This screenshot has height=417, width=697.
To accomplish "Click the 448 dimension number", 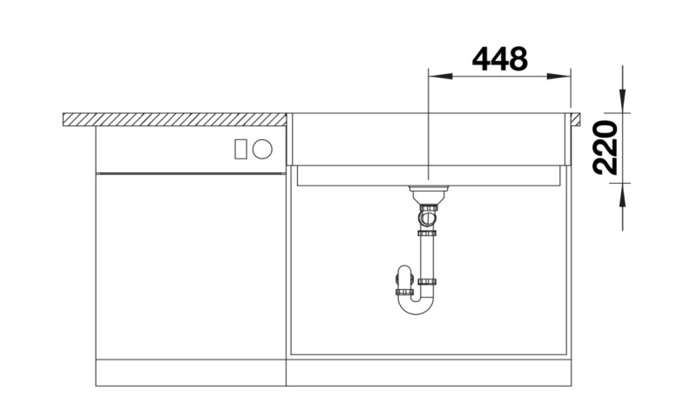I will [499, 58].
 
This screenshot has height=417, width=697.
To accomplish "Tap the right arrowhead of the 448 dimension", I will [561, 77].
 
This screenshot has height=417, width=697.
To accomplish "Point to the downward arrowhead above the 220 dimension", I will [623, 103].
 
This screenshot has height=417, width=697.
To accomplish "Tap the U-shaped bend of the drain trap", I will [416, 305].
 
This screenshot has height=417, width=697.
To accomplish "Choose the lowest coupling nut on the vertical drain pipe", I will [427, 282].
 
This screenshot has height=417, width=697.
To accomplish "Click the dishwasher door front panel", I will [190, 266].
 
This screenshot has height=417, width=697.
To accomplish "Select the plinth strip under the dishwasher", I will [190, 372].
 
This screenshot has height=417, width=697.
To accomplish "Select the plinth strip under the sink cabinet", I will [429, 372].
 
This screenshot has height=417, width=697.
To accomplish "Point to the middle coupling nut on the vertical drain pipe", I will [427, 233].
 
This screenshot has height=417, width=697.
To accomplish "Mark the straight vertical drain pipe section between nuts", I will [427, 258].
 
